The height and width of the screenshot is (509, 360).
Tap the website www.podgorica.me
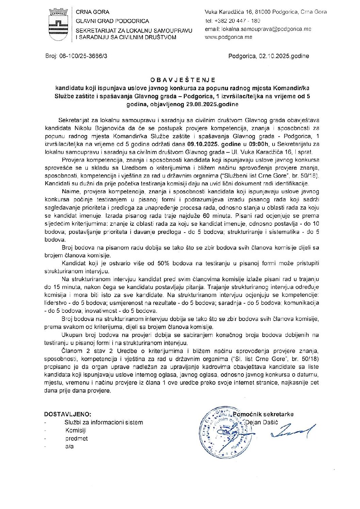(228, 37)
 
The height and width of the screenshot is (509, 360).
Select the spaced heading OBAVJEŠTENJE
(183, 80)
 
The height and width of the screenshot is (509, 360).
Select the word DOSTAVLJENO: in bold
(68, 414)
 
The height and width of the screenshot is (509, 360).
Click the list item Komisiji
(76, 430)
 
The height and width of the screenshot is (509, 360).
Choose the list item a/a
(69, 446)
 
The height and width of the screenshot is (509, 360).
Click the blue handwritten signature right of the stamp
(293, 431)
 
